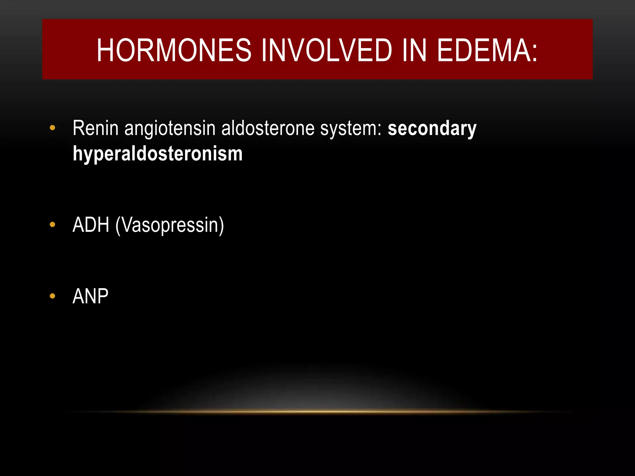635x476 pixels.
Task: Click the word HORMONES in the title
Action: (174, 50)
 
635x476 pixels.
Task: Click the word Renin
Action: (95, 128)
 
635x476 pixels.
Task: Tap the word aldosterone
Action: (268, 128)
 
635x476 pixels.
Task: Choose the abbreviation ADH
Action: (91, 225)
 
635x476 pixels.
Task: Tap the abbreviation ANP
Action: (90, 296)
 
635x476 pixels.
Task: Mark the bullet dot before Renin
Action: (52, 128)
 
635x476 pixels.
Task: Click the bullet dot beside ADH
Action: (52, 225)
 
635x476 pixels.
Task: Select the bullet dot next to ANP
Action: (52, 296)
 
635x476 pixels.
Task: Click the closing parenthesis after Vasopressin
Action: (221, 226)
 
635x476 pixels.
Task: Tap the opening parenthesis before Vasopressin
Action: (118, 226)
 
